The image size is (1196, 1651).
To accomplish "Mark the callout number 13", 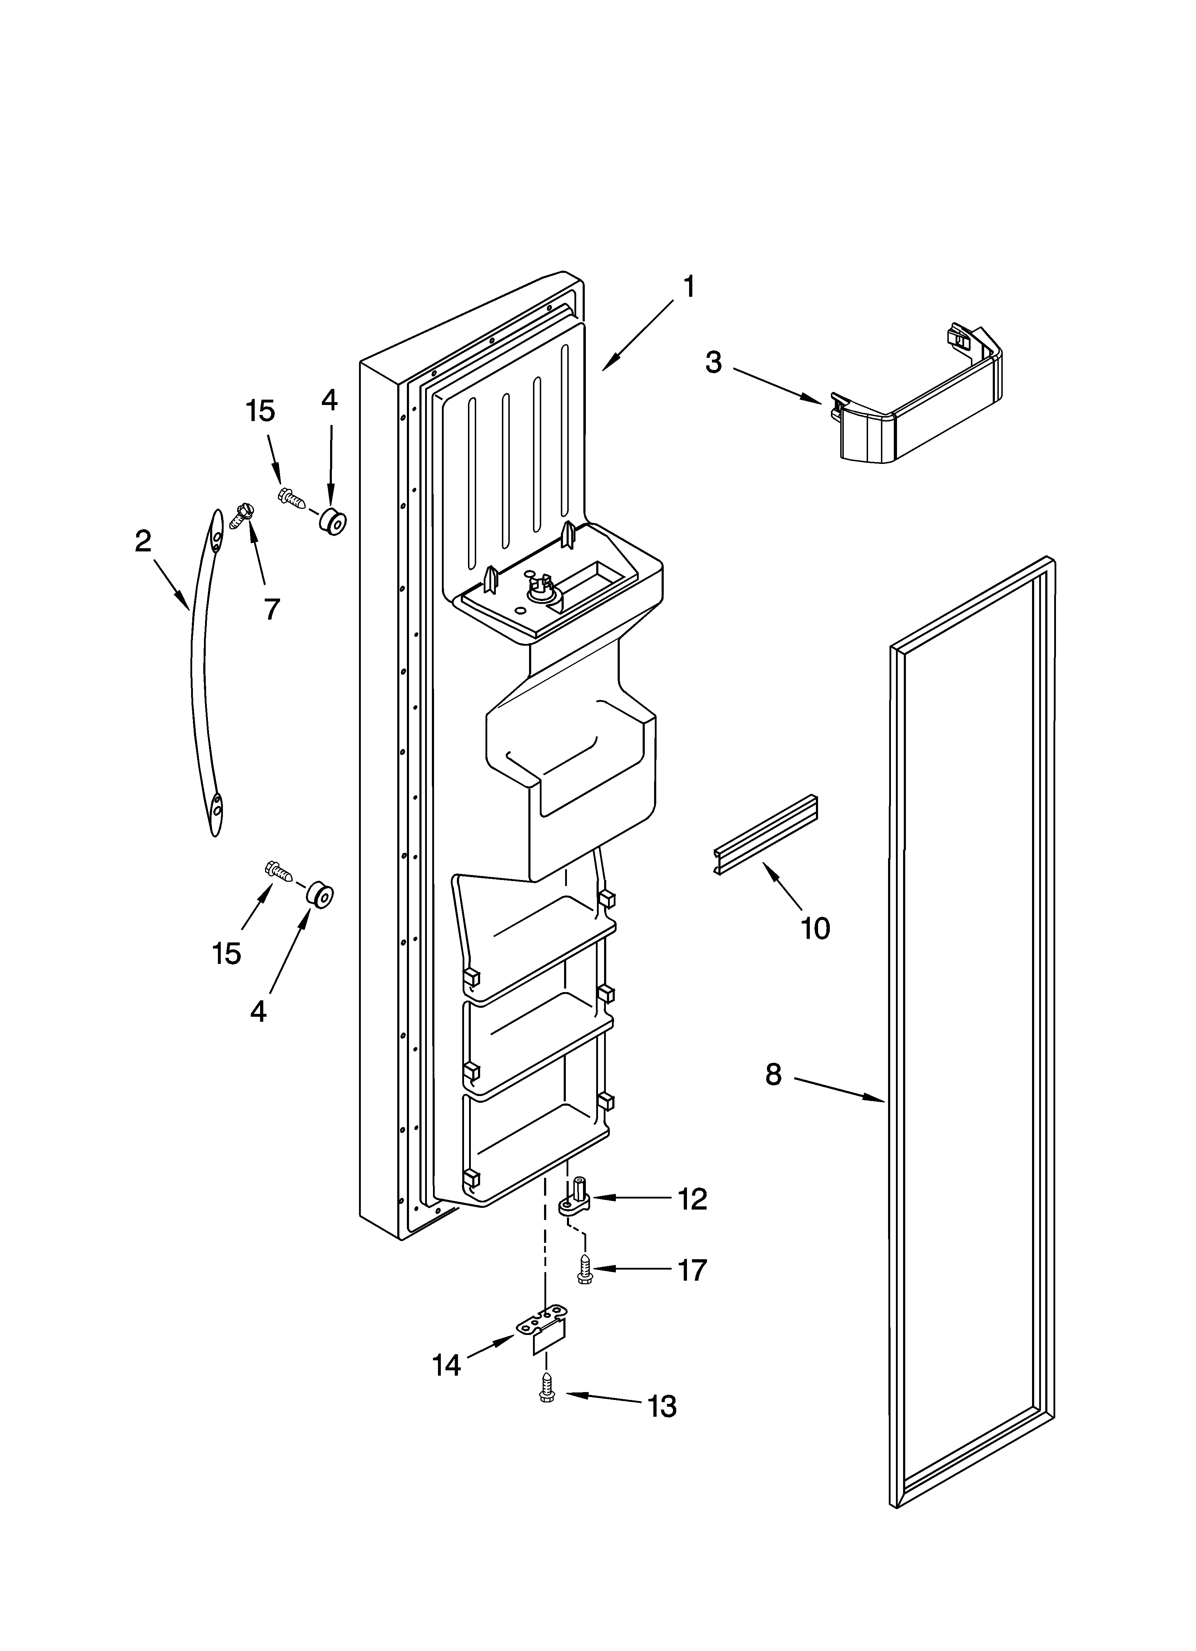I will coord(662,1406).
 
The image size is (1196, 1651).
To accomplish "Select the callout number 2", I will coord(143,541).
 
